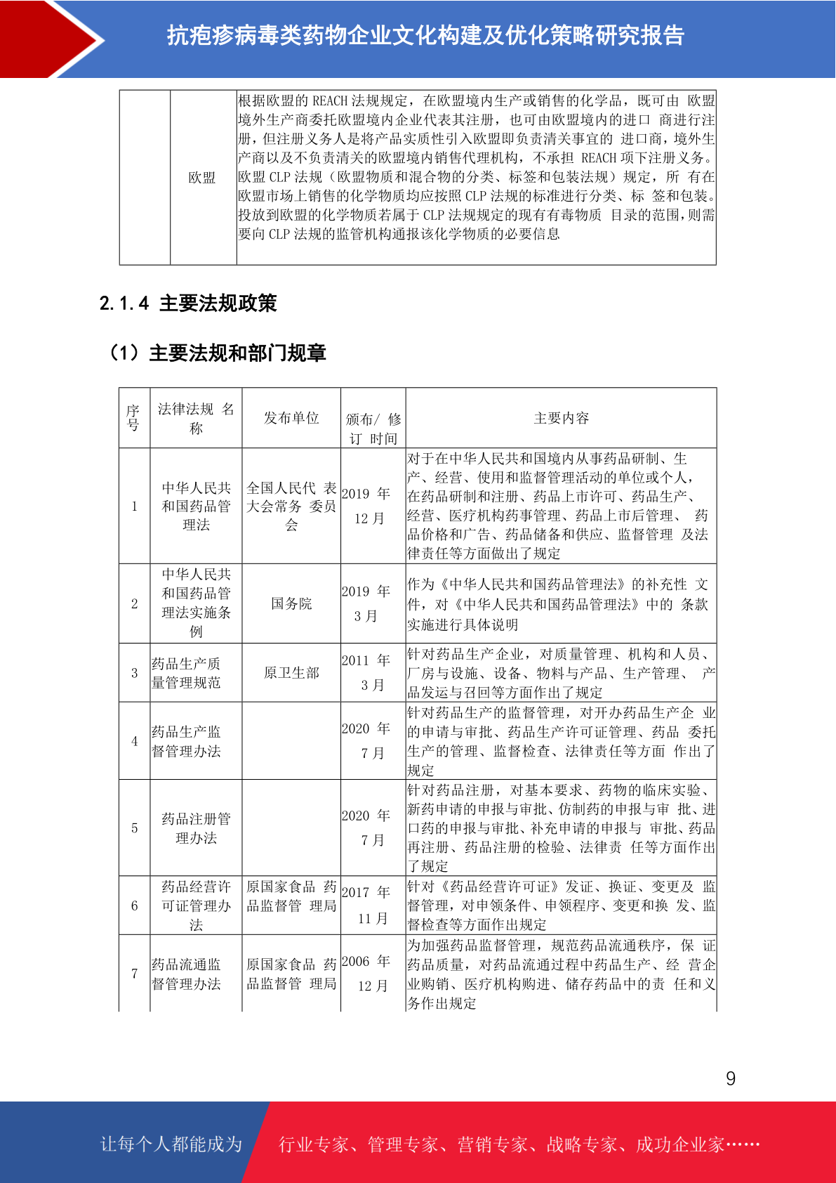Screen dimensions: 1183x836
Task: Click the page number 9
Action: point(731,1078)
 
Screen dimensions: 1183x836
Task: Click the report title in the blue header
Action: point(425,35)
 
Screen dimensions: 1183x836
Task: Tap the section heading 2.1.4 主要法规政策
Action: point(188,303)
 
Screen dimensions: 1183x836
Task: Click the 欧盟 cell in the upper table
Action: point(202,178)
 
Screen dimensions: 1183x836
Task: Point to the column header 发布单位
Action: point(291,418)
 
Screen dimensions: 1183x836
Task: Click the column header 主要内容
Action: point(561,418)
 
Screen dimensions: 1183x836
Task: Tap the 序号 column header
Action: point(133,418)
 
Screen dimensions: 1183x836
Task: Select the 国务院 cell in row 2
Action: point(291,603)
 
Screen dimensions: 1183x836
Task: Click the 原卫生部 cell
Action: point(291,673)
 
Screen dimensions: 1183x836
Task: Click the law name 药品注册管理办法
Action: point(196,828)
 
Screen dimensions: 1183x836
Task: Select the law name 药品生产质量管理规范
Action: point(187,673)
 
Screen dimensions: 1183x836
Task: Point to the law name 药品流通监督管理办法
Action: point(187,974)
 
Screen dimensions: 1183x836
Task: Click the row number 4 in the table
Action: point(134,740)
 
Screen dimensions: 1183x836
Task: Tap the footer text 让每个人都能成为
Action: point(171,1144)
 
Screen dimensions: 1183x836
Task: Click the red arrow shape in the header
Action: point(49,39)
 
